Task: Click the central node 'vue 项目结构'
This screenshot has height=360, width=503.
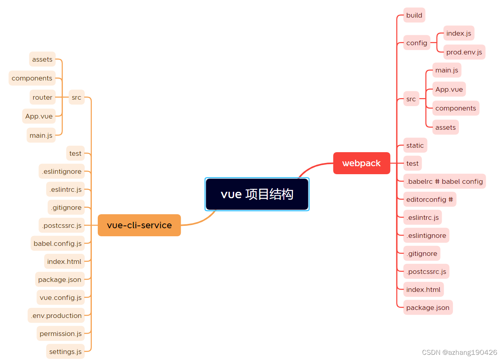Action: tap(257, 194)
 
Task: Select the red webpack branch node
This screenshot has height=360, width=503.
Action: tap(362, 163)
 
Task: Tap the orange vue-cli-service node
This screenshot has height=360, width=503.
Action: tap(139, 225)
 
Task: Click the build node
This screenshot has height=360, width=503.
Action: tap(414, 15)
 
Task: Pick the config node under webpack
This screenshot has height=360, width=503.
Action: tap(416, 43)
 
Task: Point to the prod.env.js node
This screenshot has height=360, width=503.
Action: tap(464, 52)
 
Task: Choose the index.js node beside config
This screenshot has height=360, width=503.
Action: tap(459, 33)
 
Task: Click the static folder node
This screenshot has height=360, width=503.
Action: tap(415, 145)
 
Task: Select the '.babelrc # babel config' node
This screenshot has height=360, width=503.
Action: tap(444, 181)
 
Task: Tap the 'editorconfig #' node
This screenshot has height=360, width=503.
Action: tap(430, 199)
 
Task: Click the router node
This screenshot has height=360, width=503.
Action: tap(42, 97)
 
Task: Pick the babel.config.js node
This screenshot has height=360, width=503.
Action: tap(57, 243)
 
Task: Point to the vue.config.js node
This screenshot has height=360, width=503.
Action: tap(61, 298)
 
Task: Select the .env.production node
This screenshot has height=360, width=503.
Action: tap(56, 316)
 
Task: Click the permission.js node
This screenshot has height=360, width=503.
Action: tap(61, 334)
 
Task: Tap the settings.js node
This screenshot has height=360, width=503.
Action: tap(65, 352)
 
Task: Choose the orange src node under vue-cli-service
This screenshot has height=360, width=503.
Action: tap(76, 97)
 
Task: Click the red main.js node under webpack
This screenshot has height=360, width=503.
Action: tap(446, 70)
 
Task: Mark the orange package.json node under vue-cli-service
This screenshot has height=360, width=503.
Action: tap(60, 280)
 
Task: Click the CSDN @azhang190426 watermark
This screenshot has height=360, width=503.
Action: tap(459, 352)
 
